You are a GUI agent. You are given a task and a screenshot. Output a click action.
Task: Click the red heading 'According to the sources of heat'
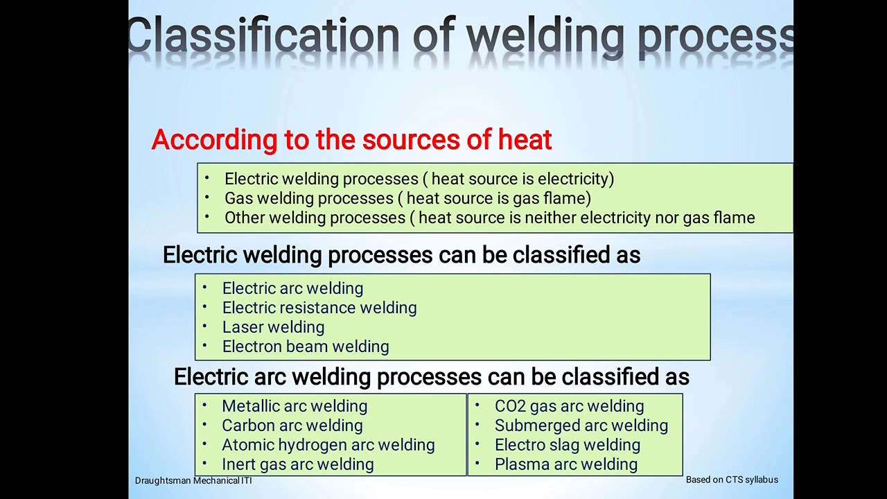pos(351,140)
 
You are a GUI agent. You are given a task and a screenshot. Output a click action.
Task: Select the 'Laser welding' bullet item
pos(273,327)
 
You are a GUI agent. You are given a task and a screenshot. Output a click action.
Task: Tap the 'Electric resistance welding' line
pos(319,308)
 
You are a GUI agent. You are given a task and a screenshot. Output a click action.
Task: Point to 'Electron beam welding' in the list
pos(305,347)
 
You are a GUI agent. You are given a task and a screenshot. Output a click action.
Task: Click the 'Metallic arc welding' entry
pos(295,406)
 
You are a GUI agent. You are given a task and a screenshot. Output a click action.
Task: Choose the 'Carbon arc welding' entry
pos(292,426)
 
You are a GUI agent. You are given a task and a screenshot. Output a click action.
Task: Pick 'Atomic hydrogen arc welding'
pos(328,445)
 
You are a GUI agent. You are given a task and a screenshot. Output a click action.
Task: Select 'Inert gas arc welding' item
pos(297,464)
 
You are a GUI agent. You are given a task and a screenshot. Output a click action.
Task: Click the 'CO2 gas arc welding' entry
pos(569,406)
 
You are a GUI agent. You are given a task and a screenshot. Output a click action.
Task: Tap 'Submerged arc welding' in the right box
pos(581,426)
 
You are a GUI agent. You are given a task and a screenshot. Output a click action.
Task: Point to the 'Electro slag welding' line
pos(567,445)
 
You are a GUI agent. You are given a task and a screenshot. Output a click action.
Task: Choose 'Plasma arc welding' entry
pos(565,464)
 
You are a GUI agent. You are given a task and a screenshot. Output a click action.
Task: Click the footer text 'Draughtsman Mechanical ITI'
pos(193,480)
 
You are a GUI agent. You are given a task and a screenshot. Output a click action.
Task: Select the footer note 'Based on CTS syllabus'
pos(732,480)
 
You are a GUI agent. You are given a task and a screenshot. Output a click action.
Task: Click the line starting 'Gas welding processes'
pos(407,198)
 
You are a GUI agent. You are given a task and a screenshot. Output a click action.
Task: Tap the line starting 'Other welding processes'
pos(489,218)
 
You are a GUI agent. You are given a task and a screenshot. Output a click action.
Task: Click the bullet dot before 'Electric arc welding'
pos(204,287)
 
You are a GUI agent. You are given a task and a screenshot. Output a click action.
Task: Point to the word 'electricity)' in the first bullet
pos(575,179)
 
